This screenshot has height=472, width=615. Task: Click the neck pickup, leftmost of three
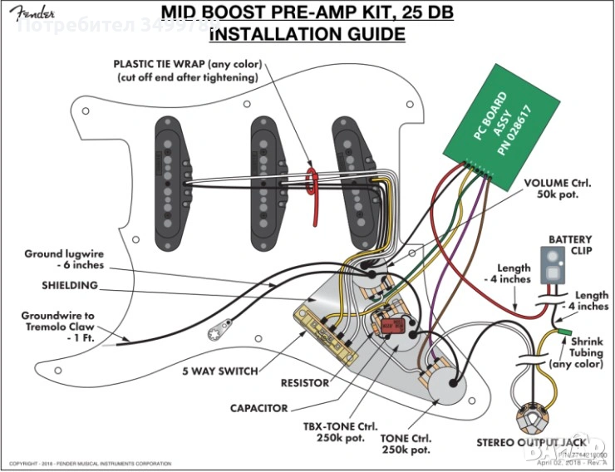(170, 182)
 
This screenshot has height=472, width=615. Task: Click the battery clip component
(551, 264)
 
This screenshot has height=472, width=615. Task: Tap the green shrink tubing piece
(563, 332)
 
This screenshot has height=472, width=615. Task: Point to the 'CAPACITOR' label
(260, 409)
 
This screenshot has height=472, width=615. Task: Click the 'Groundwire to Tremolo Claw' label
(58, 322)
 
